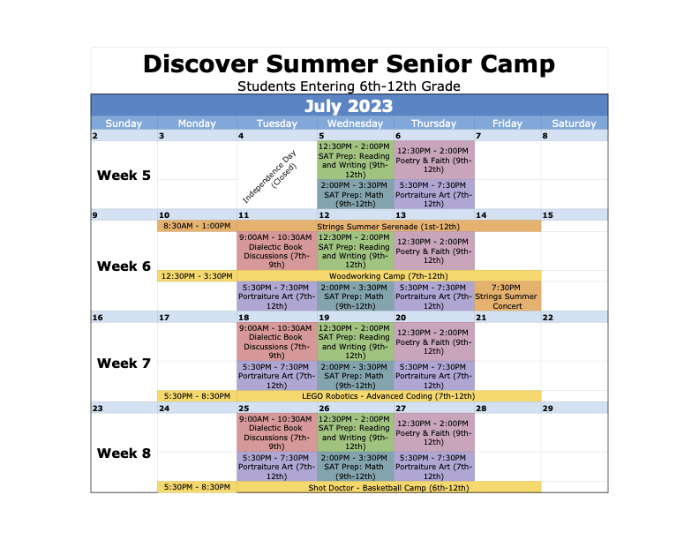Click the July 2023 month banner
[x=349, y=106]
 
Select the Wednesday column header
[x=356, y=124]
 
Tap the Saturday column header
[x=575, y=124]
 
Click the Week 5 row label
[x=124, y=175]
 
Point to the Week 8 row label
[x=124, y=454]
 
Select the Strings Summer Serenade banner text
[x=388, y=227]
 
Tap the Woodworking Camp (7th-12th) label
[x=388, y=276]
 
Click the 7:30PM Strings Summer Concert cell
[x=507, y=296]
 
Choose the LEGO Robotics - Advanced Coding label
[x=388, y=396]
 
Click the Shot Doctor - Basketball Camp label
[x=388, y=487]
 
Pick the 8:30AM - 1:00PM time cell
[x=197, y=226]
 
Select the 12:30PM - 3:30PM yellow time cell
[x=197, y=276]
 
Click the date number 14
[x=481, y=215]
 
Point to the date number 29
[x=548, y=409]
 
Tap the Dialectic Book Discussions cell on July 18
[x=277, y=341]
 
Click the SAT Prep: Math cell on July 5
[x=356, y=194]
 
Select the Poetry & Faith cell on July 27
[x=433, y=432]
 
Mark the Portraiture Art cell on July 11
[x=277, y=296]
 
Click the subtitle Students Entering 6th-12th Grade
[x=349, y=86]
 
